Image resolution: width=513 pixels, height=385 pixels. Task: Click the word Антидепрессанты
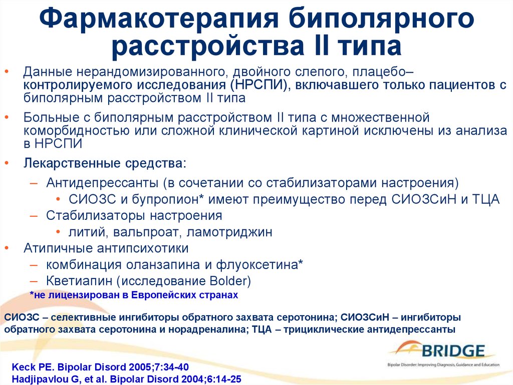[102, 183]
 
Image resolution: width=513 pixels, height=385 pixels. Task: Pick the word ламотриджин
[229, 232]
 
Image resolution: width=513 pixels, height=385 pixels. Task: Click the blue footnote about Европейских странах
[134, 295]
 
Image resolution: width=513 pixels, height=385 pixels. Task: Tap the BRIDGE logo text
[453, 351]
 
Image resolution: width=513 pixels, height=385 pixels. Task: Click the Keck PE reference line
[100, 366]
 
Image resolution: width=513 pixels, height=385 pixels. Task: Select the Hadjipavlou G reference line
[126, 379]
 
